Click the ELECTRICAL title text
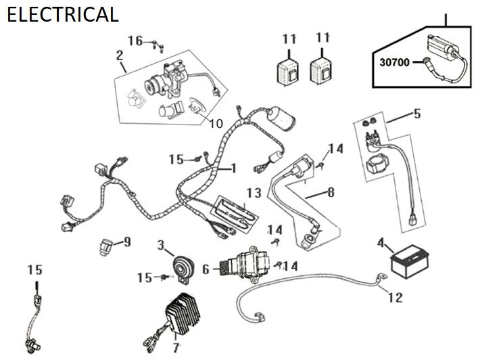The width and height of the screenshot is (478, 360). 62,14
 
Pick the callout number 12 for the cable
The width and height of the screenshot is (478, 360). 395,296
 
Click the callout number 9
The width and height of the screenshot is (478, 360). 126,241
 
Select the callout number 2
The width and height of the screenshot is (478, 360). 119,54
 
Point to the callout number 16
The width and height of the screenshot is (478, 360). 135,41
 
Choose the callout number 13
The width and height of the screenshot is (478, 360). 254,193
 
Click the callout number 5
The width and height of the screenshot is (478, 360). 416,114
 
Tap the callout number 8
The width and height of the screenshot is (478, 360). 330,192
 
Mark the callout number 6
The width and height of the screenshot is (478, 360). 206,269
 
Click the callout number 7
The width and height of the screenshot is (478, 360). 176,348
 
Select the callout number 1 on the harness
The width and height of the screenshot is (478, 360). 233,166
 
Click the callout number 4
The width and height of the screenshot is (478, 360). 381,242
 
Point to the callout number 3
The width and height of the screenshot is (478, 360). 161,244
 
